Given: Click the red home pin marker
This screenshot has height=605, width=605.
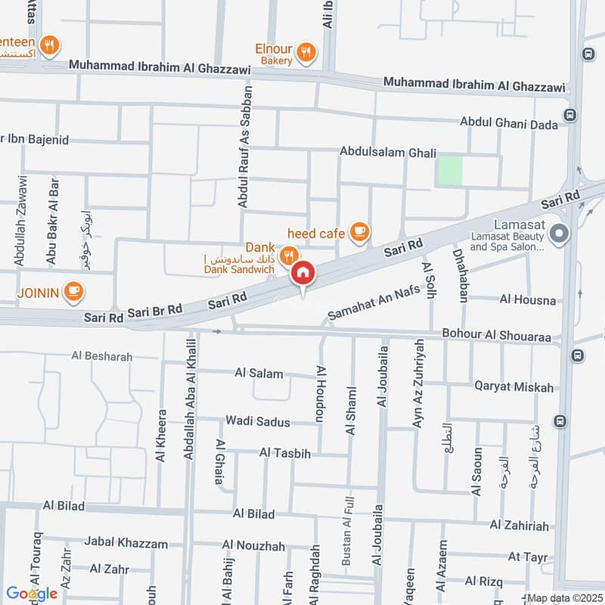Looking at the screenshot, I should click(302, 273).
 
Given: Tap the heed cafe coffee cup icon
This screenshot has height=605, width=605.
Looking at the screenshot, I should click(360, 232).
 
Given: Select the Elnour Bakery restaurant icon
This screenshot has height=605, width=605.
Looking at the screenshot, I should click(306, 52).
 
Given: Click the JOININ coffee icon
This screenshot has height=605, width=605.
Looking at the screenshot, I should click(73, 291).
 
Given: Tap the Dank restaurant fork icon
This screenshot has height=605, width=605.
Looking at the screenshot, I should click(287, 256).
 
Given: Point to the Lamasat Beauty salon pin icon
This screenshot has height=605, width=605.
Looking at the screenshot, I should click(559, 234).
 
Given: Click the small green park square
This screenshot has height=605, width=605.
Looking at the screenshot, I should click(450, 169).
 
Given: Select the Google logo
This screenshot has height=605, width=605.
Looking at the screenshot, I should click(32, 594).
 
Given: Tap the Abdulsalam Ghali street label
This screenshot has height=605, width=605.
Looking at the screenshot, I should click(388, 152).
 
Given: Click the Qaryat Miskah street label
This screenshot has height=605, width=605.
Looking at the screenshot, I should click(513, 387).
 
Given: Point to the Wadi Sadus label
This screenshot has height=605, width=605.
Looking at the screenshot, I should click(258, 421).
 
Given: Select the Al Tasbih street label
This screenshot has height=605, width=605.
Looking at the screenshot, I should click(285, 453).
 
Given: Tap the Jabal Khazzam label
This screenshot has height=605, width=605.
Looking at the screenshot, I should click(126, 543).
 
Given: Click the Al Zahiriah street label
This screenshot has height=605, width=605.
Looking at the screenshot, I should click(518, 524).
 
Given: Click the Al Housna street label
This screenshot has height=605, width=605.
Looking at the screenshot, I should click(527, 299).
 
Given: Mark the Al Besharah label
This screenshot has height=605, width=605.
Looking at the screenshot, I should click(102, 356).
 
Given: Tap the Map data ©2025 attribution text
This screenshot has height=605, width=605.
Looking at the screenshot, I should click(564, 598).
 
